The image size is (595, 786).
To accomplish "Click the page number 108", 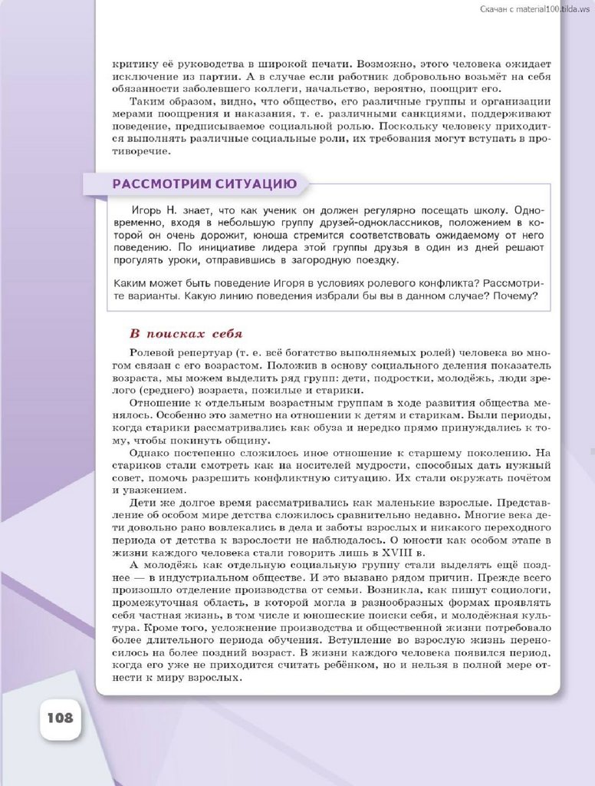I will point(60,718).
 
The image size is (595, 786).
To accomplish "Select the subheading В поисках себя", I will point(186,333).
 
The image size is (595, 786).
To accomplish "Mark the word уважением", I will point(145,490).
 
